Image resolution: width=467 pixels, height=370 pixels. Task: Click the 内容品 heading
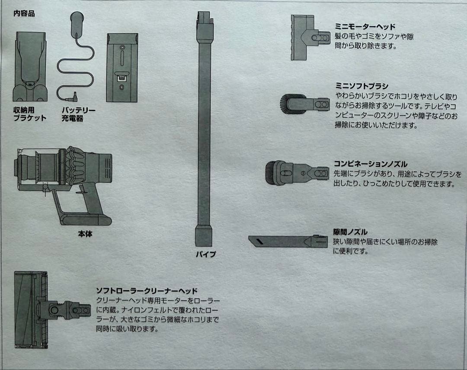tap(24, 13)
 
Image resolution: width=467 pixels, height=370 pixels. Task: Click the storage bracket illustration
tap(30, 65)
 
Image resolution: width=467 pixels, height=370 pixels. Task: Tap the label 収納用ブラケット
tap(29, 114)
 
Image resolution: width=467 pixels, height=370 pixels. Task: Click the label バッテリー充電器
tap(78, 114)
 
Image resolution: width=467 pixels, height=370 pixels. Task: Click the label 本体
tap(85, 234)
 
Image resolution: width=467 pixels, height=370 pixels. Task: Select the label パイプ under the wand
tap(205, 254)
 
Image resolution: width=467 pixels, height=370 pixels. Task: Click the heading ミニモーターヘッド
tap(365, 26)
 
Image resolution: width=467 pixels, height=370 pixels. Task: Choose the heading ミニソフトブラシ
tap(361, 86)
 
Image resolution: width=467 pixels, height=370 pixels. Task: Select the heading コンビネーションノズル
tap(370, 164)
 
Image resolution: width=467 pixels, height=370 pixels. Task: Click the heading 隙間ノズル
tap(350, 232)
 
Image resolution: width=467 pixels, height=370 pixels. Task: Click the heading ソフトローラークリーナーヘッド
tap(146, 290)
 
